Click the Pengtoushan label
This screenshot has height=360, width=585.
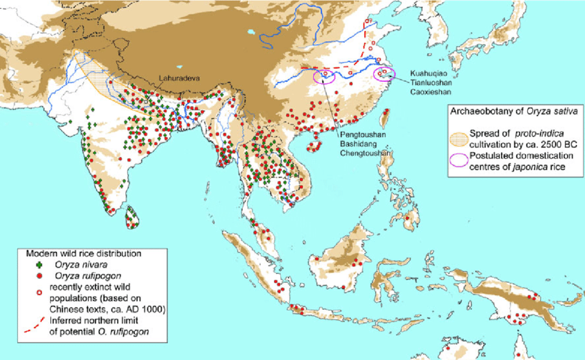tap(361, 136)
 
